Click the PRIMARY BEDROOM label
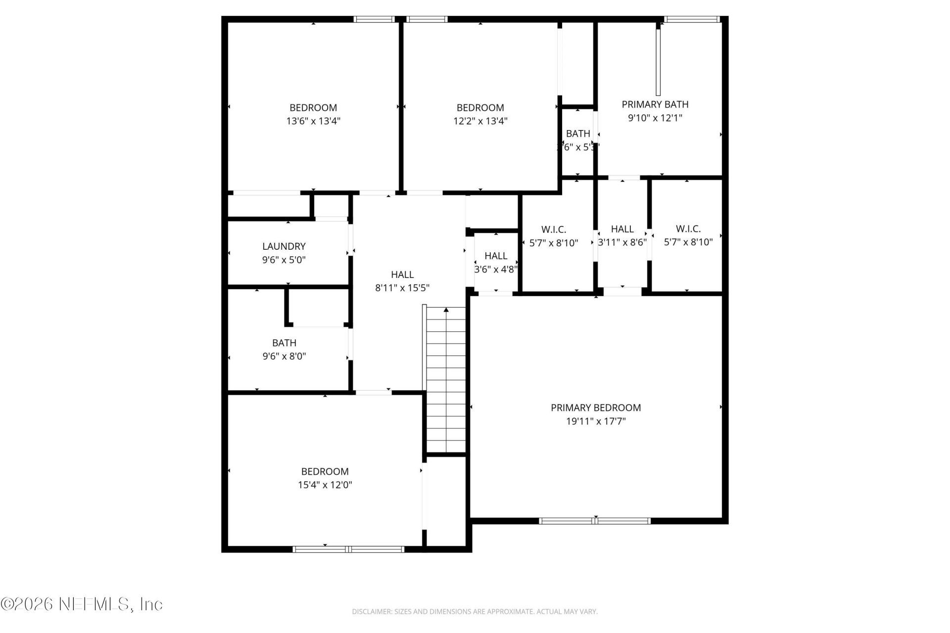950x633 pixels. coord(596,407)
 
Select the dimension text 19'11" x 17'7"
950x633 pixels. coord(596,421)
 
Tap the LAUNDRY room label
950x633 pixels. coord(284,246)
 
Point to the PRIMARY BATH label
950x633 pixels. coord(655,104)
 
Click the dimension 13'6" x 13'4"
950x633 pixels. coord(313,121)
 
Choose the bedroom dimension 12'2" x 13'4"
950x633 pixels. coord(480,121)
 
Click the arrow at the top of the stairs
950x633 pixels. coord(446,310)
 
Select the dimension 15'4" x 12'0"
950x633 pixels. coord(325,485)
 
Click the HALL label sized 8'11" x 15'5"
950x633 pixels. coord(402,274)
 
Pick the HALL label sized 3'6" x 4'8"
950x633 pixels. coord(495,256)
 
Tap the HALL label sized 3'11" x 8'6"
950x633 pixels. coord(622,229)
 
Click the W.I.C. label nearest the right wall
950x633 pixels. coord(688,229)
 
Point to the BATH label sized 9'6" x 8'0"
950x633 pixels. coord(284,343)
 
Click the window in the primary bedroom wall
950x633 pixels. coord(594,521)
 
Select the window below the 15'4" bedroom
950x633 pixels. coord(348,549)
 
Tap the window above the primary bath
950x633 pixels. coord(691,19)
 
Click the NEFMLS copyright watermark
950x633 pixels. coord(82,604)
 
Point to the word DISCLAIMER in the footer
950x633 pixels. coord(371,612)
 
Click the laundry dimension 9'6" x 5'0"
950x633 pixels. coord(284,260)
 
